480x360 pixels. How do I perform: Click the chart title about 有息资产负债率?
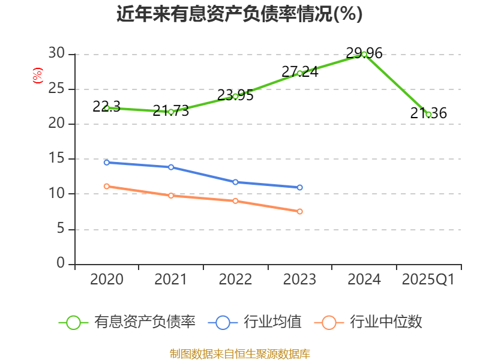coord(239,14)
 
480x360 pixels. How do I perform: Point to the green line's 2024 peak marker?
coord(364,54)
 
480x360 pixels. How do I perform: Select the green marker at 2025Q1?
coord(428,114)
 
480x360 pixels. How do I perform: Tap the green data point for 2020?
coord(107,108)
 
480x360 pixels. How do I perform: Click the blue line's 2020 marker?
coord(107,162)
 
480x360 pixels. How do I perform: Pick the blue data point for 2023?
coord(299,187)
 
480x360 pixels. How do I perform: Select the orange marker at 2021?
coord(171,196)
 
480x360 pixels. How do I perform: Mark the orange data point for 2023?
coord(299,211)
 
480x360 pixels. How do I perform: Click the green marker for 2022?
coord(235,96)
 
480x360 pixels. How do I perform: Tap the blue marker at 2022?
coord(235,182)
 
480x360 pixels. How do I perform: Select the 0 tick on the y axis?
coord(60,263)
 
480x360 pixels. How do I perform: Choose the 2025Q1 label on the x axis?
coord(428,280)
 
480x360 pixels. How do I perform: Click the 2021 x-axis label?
coord(171,280)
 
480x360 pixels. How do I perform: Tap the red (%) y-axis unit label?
coord(37,76)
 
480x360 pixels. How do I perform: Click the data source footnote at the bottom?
coord(239,353)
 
